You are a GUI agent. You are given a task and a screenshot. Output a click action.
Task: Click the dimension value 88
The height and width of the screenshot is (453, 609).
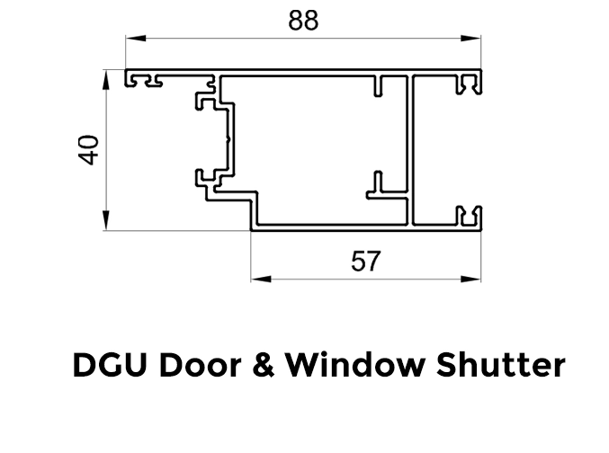coord(303,21)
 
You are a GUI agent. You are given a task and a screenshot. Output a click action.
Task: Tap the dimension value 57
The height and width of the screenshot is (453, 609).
coord(365,262)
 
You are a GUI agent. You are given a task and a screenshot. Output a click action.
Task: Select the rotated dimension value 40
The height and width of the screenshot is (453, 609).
coord(88,149)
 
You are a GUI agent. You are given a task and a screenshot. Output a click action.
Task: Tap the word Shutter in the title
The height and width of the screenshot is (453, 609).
coord(489,366)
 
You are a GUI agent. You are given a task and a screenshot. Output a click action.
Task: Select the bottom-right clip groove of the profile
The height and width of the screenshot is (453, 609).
coord(468,216)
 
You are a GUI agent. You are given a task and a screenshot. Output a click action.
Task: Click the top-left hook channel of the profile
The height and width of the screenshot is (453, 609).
coord(145,82)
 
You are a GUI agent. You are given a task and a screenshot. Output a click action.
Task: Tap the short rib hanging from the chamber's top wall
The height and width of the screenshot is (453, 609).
coord(381,86)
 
